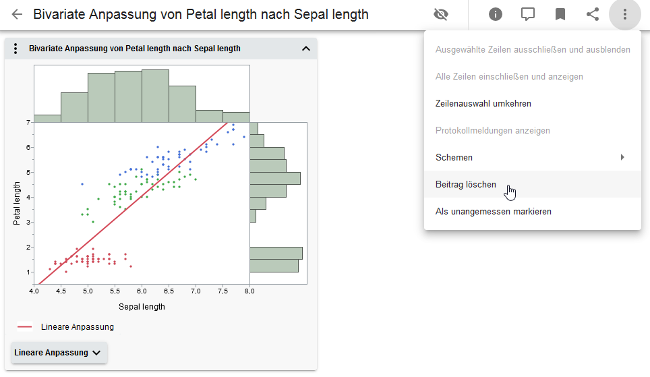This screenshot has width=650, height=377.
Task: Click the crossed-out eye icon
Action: tap(442, 14)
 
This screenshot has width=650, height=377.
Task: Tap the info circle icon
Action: tap(496, 14)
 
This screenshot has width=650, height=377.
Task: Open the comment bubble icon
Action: tap(528, 14)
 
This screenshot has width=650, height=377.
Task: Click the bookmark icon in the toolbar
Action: tap(560, 14)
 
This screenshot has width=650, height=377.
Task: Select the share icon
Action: tap(593, 14)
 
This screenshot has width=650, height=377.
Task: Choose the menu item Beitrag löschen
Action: tap(466, 184)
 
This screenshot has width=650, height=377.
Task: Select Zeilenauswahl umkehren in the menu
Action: tap(483, 103)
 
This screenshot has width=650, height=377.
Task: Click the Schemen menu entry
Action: tap(454, 157)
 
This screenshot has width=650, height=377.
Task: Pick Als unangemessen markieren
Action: tap(494, 211)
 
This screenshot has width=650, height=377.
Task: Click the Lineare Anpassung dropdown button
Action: tap(59, 353)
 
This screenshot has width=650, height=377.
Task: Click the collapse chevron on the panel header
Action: tap(305, 49)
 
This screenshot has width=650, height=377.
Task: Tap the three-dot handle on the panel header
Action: tap(15, 49)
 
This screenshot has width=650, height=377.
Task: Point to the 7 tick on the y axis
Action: tap(28, 122)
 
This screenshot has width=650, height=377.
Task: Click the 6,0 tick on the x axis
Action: tap(142, 291)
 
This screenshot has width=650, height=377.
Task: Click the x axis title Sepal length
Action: tap(142, 306)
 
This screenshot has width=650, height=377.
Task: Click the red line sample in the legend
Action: tap(25, 327)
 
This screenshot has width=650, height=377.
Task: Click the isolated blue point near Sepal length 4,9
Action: tap(82, 183)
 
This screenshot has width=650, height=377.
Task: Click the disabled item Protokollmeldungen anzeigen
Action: tap(493, 130)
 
